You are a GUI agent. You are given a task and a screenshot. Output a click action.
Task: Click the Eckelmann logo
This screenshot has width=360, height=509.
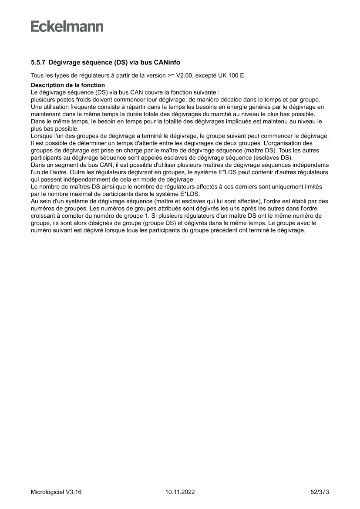point(67,26)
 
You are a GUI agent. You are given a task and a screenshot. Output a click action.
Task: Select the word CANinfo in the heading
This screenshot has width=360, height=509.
point(165,63)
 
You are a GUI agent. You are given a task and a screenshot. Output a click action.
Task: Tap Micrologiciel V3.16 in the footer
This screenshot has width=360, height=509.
point(56,492)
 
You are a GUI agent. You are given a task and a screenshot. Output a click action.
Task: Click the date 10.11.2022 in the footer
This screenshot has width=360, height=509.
point(180,492)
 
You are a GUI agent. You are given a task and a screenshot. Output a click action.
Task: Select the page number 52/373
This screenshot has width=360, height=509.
point(319,492)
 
